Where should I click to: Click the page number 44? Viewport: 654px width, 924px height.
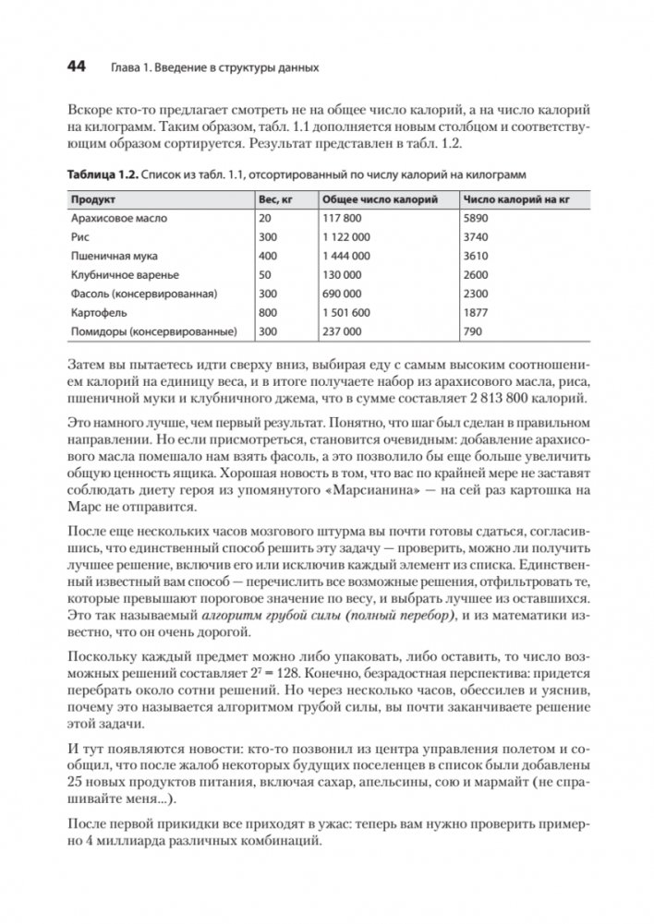(76, 67)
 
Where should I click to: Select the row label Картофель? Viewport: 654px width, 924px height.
(98, 312)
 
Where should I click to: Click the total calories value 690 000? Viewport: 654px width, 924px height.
(343, 294)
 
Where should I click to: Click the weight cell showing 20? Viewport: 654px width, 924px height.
(266, 219)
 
